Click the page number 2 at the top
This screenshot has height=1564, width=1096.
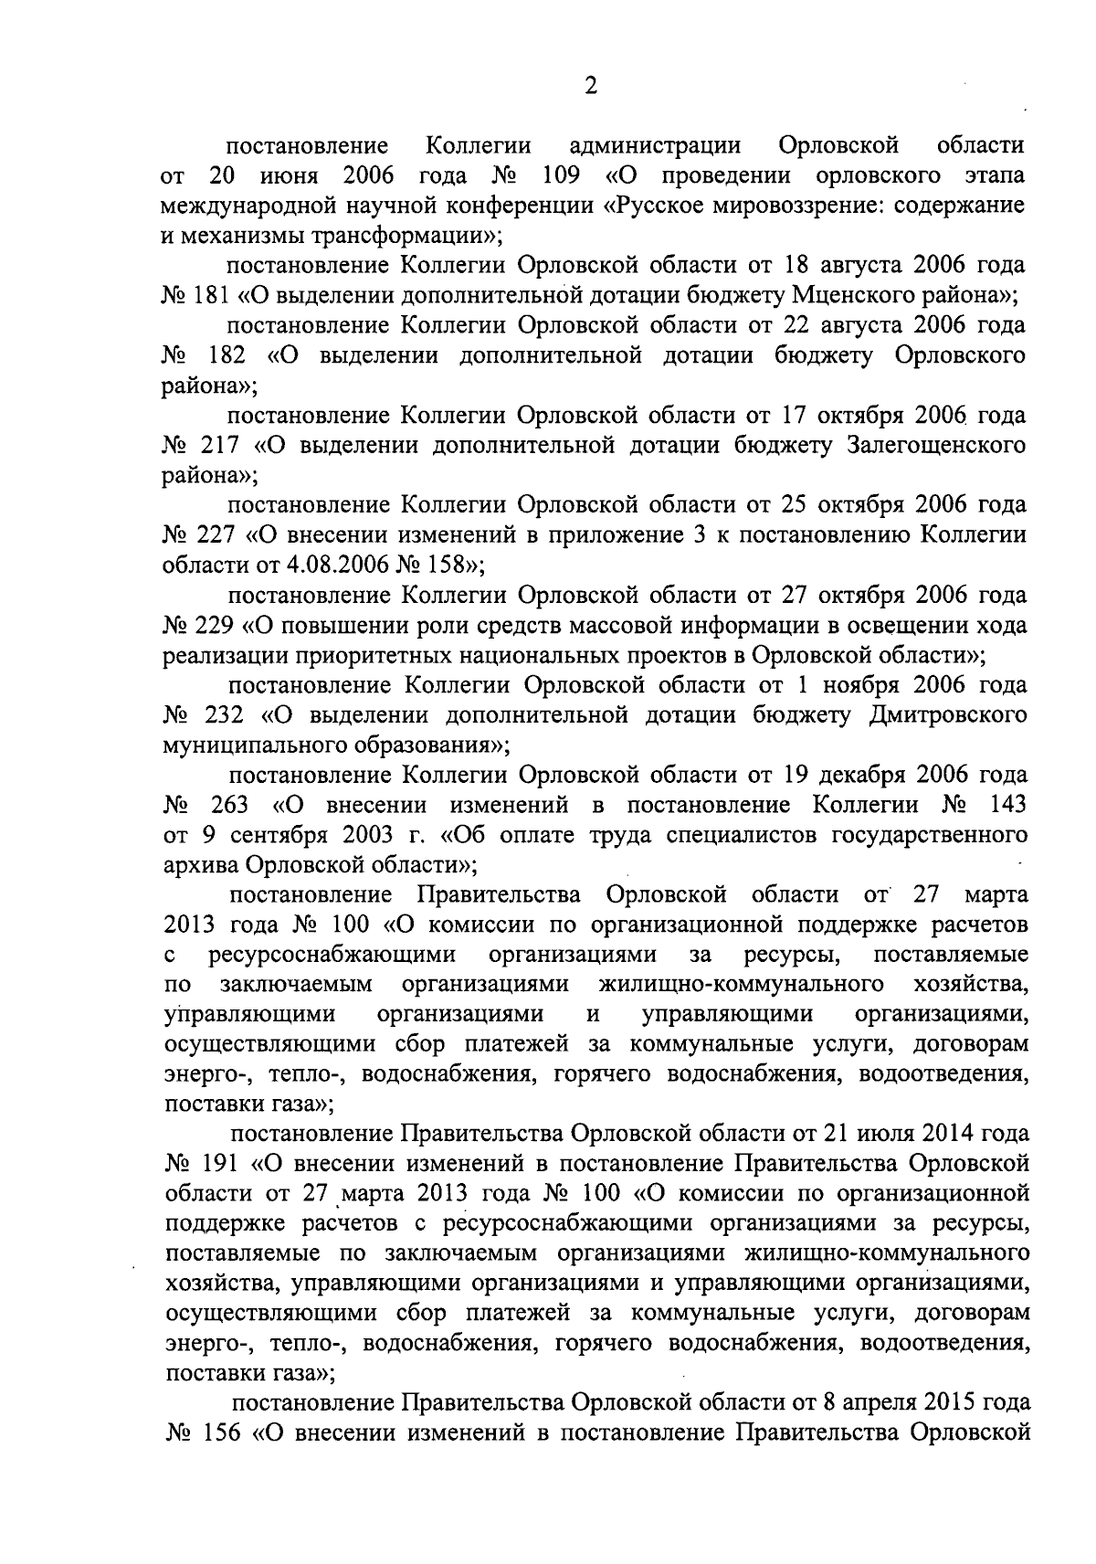coord(591,86)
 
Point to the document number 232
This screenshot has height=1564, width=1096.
coord(219,715)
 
